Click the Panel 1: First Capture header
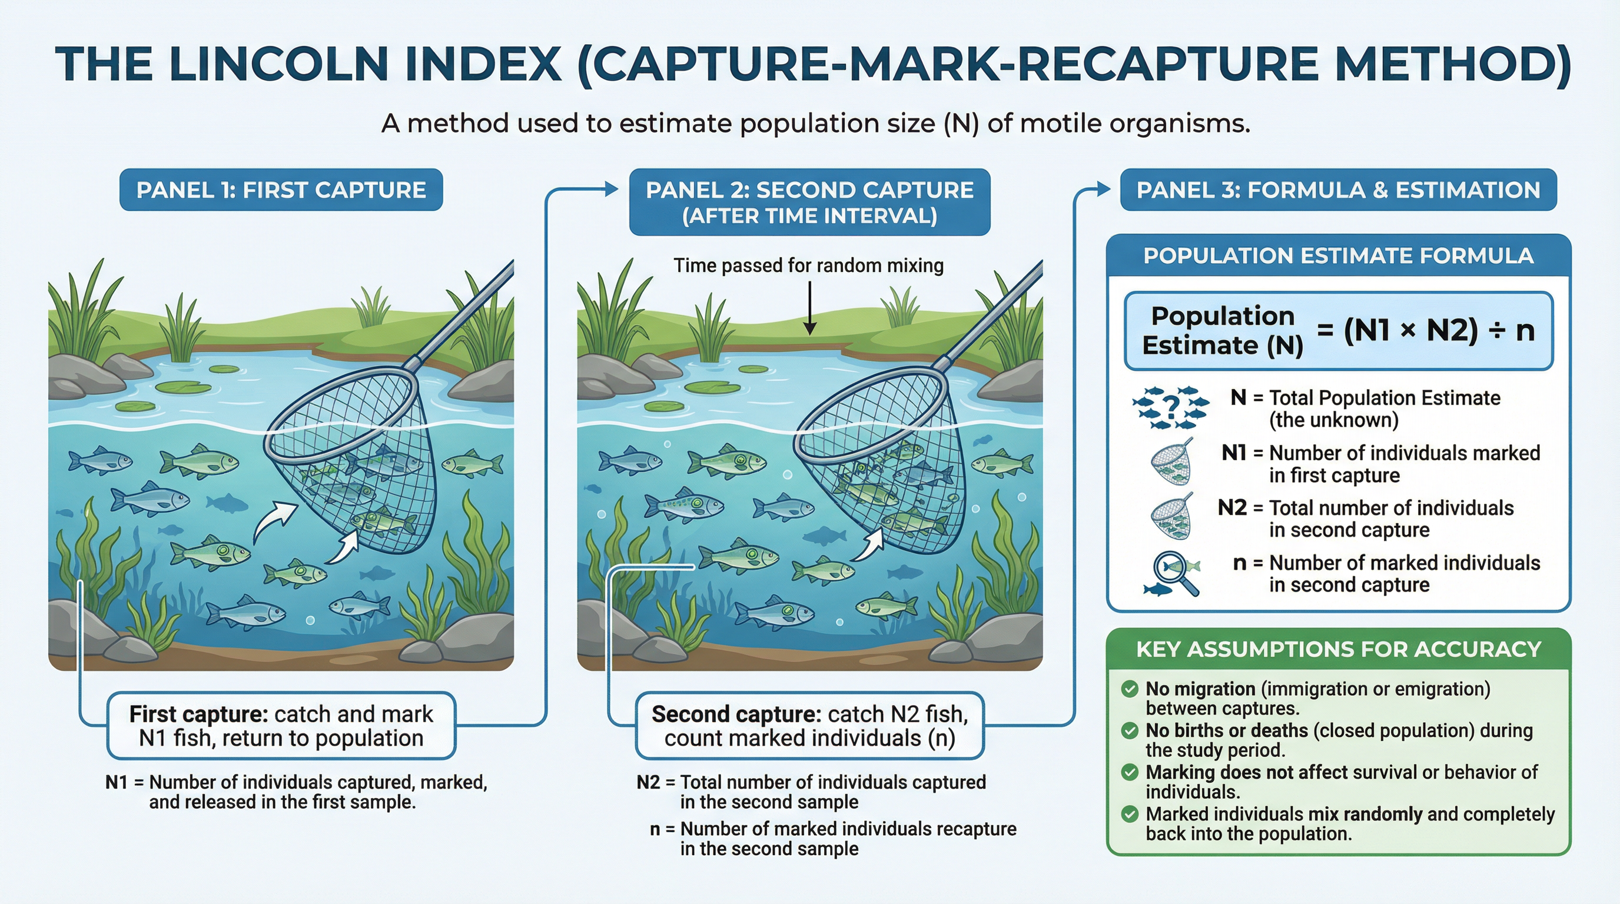281,190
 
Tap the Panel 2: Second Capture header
809,202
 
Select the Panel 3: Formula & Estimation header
1338,190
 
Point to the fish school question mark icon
1170,408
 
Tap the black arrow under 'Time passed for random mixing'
810,308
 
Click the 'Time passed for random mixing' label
809,265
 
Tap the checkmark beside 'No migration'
1130,689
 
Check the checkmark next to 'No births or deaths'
1130,730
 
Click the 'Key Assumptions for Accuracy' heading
1338,649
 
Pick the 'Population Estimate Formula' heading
1338,256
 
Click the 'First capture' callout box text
281,726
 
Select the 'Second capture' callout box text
809,726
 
